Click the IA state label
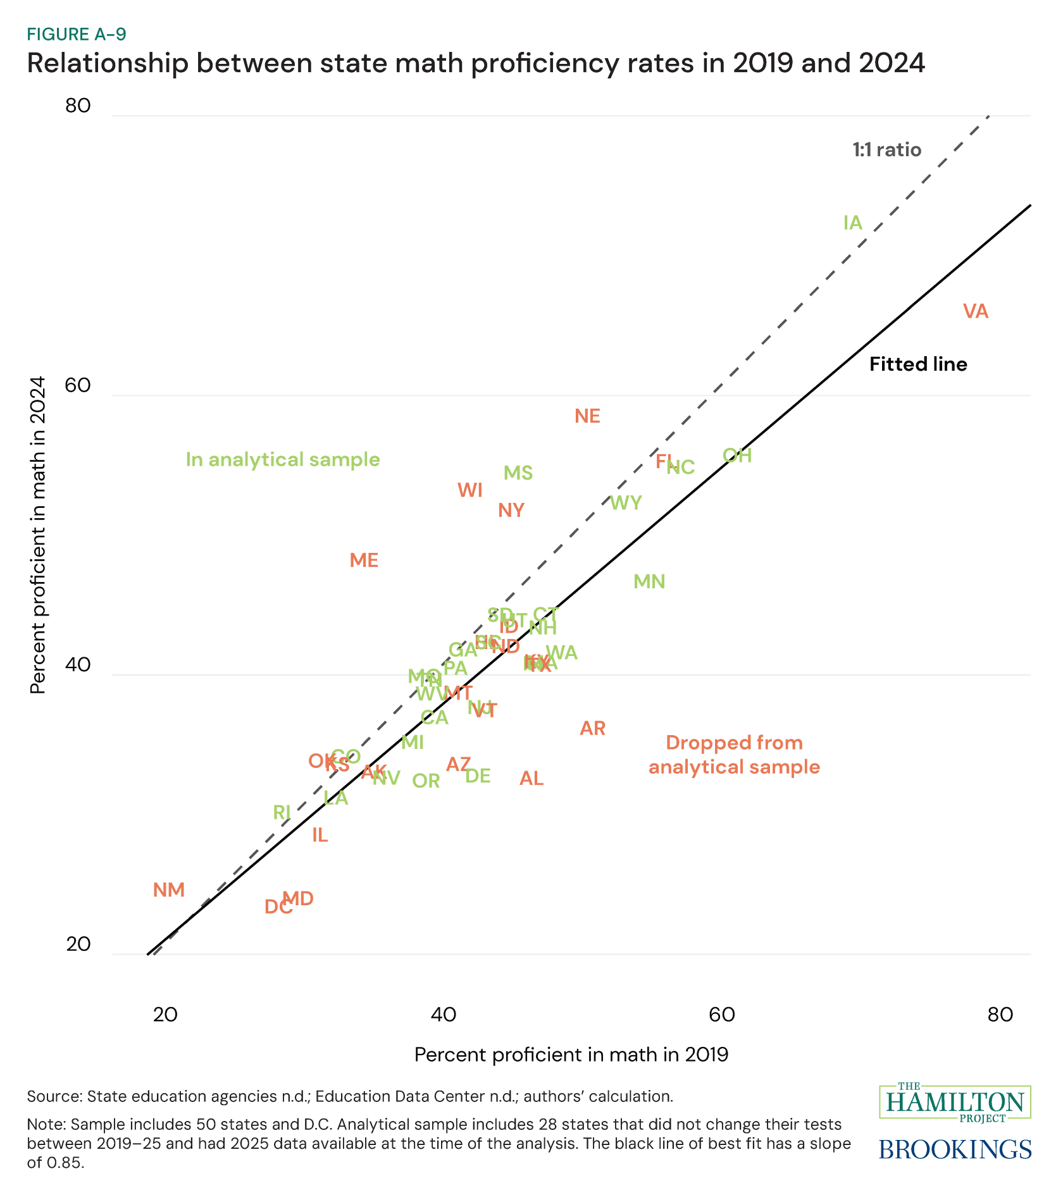tap(852, 223)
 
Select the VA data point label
tap(975, 311)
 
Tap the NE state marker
tap(587, 416)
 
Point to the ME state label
tap(364, 560)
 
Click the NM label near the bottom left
tap(169, 890)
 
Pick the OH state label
tap(737, 455)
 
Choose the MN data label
tap(649, 581)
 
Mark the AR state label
tap(593, 729)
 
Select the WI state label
tap(470, 490)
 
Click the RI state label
tap(282, 812)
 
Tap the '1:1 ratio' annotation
tap(886, 150)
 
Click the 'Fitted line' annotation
tap(918, 364)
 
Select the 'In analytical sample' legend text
tap(283, 459)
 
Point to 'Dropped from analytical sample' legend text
tap(734, 755)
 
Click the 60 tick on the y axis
tap(78, 387)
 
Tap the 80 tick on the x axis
tap(1000, 1015)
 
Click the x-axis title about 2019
tap(571, 1055)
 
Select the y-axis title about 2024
tap(39, 535)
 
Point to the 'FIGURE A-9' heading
tap(77, 34)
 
